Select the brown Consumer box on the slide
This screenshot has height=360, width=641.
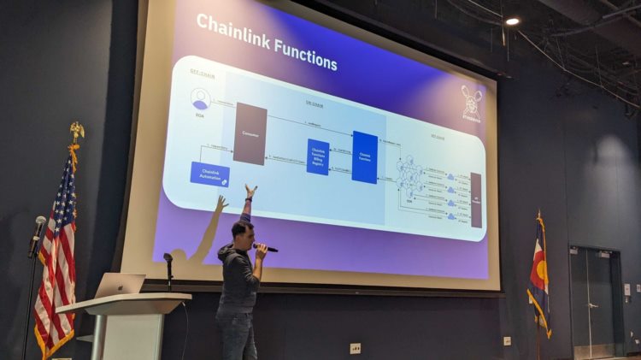tap(250, 133)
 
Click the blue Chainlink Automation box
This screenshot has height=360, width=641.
tap(209, 174)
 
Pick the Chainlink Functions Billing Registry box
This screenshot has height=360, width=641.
tap(318, 156)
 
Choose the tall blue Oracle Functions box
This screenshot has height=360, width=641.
tap(365, 156)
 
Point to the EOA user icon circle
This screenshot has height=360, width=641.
tap(201, 99)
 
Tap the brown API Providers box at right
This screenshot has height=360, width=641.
tap(476, 200)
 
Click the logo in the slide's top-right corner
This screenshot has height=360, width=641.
tap(471, 103)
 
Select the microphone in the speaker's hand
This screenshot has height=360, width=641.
tap(266, 248)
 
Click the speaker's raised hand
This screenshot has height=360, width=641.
tap(250, 192)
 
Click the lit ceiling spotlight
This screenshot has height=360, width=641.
tap(512, 21)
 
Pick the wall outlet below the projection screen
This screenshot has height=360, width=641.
tap(356, 348)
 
